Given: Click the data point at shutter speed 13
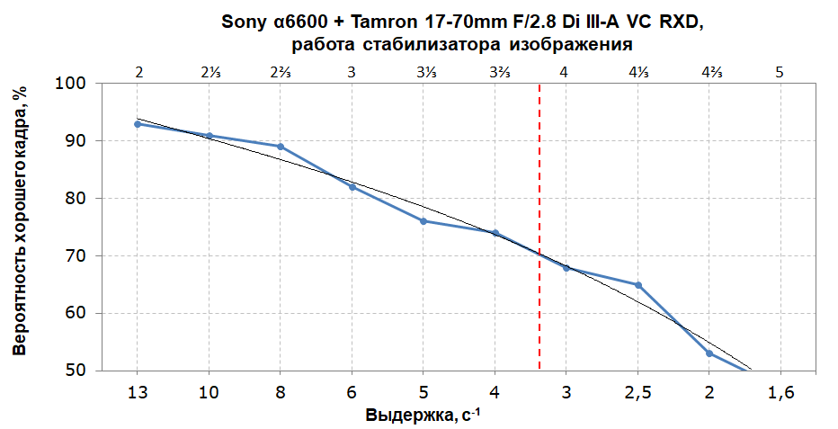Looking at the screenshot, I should tap(138, 124).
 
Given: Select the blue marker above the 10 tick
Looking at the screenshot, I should tap(209, 136).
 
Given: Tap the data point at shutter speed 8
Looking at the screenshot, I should tap(281, 147).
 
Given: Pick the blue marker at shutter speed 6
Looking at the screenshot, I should tap(352, 187).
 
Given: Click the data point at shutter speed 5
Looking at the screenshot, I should tap(423, 221).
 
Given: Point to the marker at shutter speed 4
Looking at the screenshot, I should tap(495, 233).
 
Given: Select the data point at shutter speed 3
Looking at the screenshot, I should tap(566, 267).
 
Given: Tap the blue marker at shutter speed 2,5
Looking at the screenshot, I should tap(637, 285).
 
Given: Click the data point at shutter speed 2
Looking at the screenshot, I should tap(709, 353).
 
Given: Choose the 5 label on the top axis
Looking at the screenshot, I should tap(780, 71).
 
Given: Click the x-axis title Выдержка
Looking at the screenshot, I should tap(410, 416).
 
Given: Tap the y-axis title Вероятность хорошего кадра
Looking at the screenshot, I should tap(21, 220).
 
